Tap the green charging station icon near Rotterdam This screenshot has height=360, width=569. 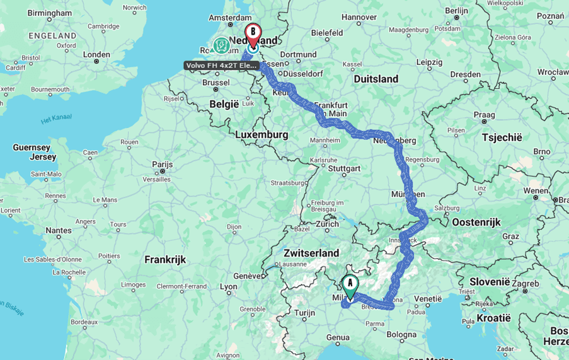221,45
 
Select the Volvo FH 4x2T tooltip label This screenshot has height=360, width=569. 221,66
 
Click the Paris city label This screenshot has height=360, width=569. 162,165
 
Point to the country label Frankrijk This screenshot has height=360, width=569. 165,259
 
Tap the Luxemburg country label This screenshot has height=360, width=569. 262,134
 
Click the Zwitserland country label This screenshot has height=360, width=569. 311,253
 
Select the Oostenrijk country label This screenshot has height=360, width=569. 476,222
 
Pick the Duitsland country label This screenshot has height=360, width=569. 376,79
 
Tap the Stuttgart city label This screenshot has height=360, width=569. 344,168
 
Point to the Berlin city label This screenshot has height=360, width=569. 456,10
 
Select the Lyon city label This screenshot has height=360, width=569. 229,287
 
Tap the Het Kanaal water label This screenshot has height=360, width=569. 56,118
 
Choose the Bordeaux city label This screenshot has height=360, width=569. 84,322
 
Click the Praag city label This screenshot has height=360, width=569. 484,115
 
